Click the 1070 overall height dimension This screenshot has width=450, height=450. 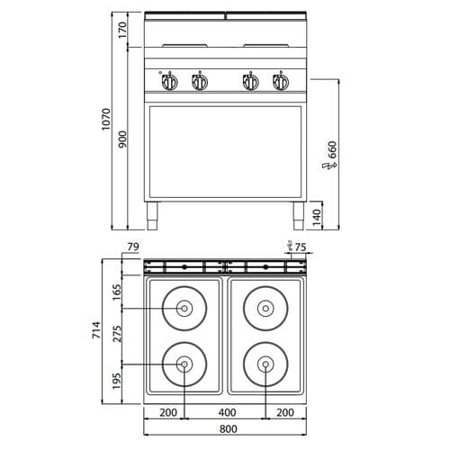click(106, 119)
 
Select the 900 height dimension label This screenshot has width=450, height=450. click(122, 139)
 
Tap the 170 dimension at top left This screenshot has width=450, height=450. click(122, 30)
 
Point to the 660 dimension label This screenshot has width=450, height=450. click(332, 149)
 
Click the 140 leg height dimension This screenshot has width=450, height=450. click(317, 218)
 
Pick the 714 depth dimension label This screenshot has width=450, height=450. click(96, 330)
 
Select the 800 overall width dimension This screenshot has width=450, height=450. click(229, 429)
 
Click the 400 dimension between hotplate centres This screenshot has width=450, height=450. click(227, 412)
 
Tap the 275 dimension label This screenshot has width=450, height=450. click(117, 334)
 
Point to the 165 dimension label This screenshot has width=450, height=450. click(117, 292)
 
